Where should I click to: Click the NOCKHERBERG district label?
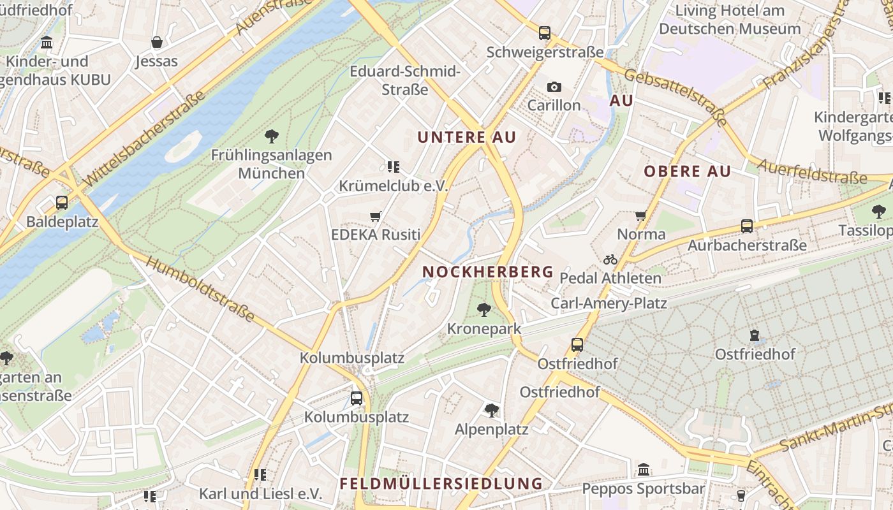(488, 272)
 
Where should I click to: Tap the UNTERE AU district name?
(467, 137)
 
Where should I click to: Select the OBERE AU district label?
(688, 171)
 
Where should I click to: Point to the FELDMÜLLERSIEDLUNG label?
(441, 483)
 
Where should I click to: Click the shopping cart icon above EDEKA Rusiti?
(376, 217)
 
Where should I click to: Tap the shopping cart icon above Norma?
(641, 216)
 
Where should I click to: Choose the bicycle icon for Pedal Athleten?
(610, 259)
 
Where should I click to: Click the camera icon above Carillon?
(554, 87)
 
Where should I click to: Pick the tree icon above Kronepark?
(484, 310)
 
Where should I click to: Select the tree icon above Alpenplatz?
(491, 410)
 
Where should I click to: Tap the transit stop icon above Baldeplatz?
(62, 203)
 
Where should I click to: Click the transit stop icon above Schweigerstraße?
(544, 33)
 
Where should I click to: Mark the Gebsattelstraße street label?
(676, 97)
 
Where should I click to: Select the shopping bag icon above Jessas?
(157, 43)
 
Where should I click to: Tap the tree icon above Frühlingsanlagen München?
(272, 136)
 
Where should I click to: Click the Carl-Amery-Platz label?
(609, 303)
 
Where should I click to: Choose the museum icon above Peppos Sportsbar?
(644, 469)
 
